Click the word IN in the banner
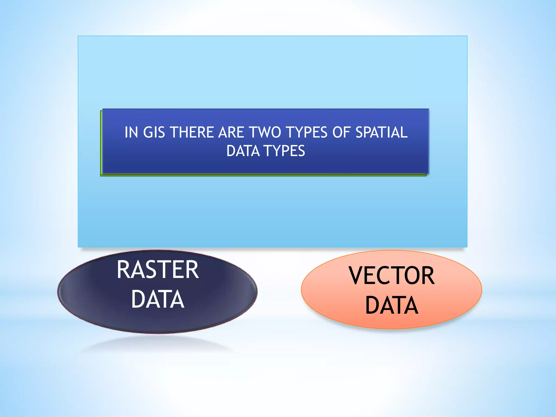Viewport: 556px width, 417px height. point(131,132)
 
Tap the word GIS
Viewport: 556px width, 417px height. point(154,132)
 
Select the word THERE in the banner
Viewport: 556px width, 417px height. point(192,132)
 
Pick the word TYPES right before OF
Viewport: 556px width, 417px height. point(307,132)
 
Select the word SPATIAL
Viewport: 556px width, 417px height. point(381,132)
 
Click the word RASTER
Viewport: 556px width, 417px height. point(158,270)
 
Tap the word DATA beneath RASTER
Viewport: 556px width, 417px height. point(158,299)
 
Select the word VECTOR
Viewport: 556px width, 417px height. point(392,276)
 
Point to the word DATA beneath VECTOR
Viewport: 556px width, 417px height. point(392,305)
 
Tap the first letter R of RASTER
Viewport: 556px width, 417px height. point(123,270)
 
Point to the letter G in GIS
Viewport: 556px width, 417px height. point(148,132)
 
